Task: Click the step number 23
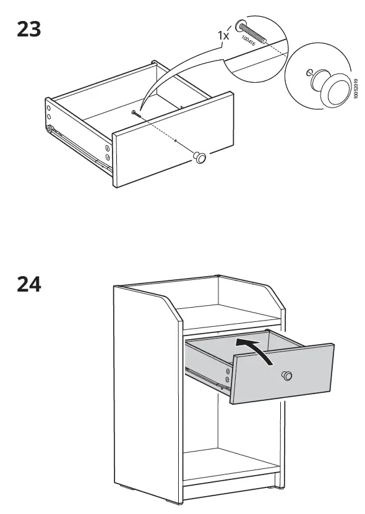28,28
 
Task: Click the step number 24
28,285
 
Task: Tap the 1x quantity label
223,36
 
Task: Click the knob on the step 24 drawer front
286,376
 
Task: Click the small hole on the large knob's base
309,74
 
